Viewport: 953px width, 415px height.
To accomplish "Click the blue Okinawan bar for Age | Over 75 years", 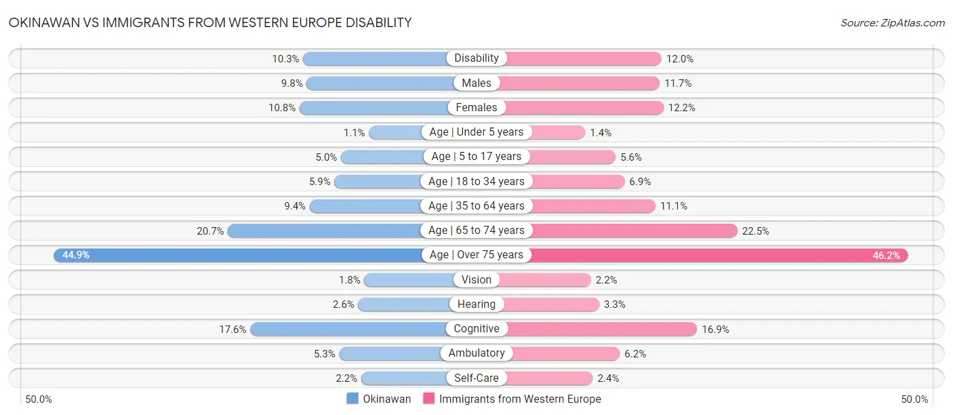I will pos(237,255).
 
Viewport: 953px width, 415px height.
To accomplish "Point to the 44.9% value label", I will pos(76,255).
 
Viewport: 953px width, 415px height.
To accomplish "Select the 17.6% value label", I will pos(232,330).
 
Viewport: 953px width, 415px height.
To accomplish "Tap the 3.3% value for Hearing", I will pos(615,304).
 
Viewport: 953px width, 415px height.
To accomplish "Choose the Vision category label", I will pos(476,279).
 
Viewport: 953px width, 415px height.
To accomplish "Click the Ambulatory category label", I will pos(476,353).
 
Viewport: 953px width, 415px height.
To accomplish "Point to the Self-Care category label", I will pos(476,378).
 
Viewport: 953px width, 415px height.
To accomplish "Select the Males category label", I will pos(476,83).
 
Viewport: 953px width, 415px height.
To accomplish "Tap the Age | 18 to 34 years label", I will pos(476,181).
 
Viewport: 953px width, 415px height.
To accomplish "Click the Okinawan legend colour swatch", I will pos(352,399).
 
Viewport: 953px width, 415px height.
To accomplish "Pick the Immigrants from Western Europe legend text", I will pos(520,399).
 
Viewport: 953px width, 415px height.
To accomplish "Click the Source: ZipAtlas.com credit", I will pos(892,23).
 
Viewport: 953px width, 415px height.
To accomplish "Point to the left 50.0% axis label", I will pos(39,399).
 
